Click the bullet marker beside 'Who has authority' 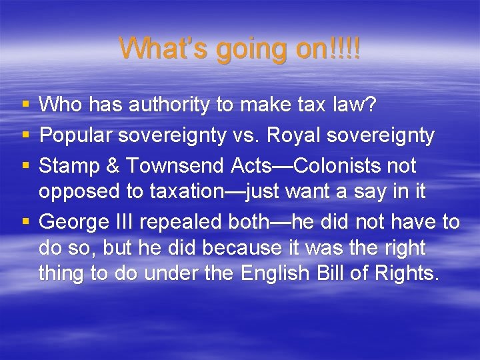pyautogui.click(x=25, y=105)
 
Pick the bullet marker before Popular pyautogui.click(x=25, y=136)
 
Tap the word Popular pyautogui.click(x=75, y=136)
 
